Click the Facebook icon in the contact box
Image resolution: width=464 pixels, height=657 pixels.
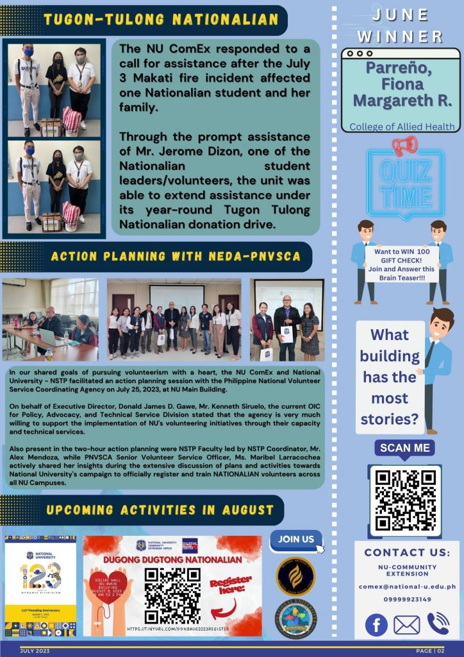click(x=376, y=624)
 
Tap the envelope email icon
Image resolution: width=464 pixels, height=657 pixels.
click(x=407, y=624)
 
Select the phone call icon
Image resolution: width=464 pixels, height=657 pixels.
click(x=438, y=624)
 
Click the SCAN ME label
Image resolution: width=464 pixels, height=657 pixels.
click(x=404, y=448)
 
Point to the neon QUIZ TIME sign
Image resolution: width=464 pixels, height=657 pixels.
click(x=404, y=183)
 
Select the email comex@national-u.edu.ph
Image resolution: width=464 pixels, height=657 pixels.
click(x=407, y=586)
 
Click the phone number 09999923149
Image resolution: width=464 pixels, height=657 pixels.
click(x=407, y=600)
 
